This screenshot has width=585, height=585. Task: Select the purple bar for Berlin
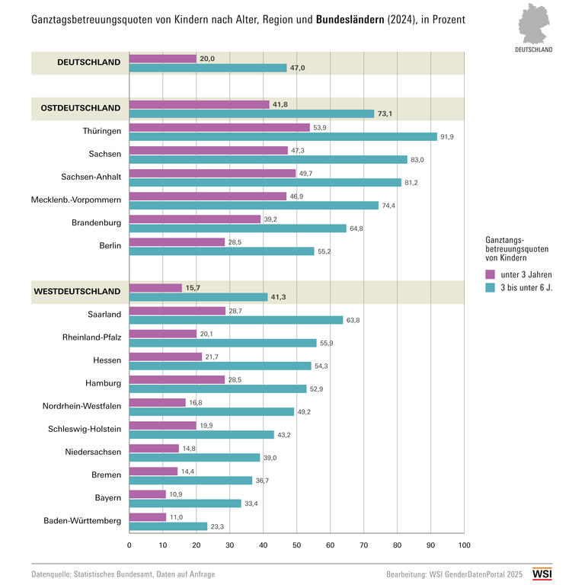click(x=177, y=241)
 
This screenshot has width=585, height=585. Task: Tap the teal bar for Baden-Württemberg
click(x=168, y=526)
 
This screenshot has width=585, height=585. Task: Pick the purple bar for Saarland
click(x=177, y=311)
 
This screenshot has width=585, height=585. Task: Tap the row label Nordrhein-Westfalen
click(x=82, y=406)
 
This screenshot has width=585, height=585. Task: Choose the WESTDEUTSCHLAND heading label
click(x=77, y=291)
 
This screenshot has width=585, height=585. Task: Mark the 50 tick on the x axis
click(x=296, y=545)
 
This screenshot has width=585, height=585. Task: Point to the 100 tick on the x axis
click(x=464, y=545)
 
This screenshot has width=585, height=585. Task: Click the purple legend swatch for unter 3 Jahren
click(x=490, y=274)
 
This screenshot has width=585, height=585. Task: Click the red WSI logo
click(x=542, y=574)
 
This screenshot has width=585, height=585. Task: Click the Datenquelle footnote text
click(x=123, y=574)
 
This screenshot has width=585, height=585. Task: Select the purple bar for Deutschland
click(x=163, y=59)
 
